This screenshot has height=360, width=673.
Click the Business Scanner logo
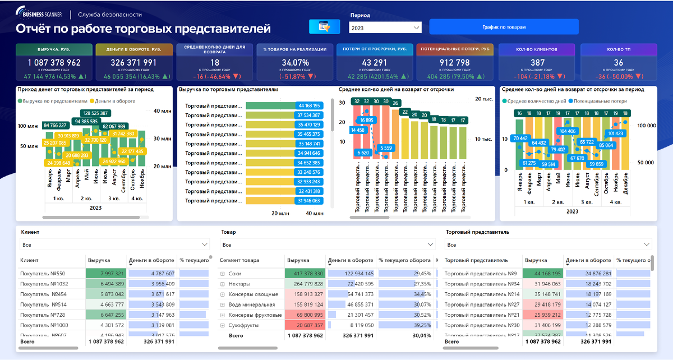pos(40,14)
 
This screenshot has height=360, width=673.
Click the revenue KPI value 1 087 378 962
pos(50,63)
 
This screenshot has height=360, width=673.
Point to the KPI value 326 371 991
pos(133,63)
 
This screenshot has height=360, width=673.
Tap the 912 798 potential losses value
pos(447,63)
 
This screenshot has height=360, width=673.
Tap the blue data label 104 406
pos(568,131)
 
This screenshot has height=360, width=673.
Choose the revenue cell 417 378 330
pos(305,274)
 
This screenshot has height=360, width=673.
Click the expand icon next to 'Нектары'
pos(223,284)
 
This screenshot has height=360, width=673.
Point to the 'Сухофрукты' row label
pos(244,325)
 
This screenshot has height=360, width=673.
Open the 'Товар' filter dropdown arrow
pos(430,244)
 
